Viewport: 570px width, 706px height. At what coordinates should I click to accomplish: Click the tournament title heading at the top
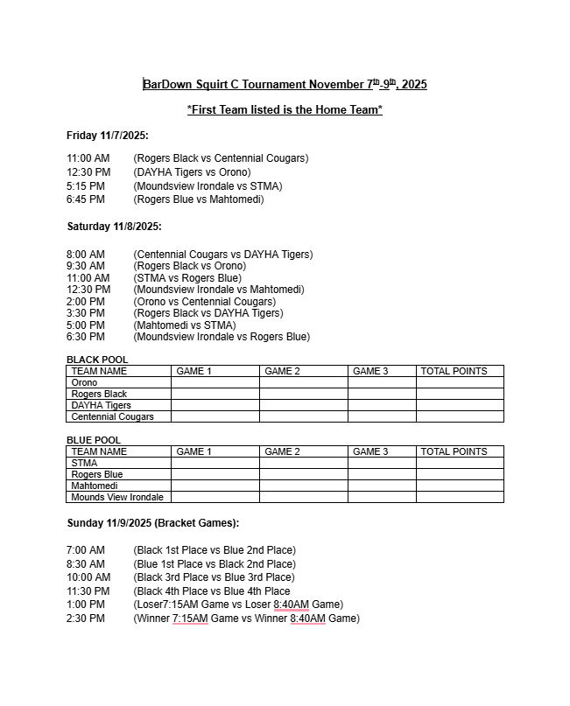pos(285,85)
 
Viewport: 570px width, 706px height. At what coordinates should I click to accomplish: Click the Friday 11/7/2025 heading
pos(108,136)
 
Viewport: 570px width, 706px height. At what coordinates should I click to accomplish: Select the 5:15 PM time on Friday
pos(85,186)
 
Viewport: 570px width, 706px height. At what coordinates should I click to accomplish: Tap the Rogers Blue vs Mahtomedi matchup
pos(199,199)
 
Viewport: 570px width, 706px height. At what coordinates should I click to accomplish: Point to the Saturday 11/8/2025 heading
pos(114,227)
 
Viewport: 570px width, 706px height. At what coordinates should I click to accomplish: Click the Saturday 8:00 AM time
pos(86,255)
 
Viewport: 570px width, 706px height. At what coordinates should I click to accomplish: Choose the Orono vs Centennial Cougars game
pos(205,302)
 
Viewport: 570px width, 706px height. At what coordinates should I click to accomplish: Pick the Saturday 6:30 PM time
pos(86,337)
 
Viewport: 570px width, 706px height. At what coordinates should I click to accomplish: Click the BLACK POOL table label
pos(97,360)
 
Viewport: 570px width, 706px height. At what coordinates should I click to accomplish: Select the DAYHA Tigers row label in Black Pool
pos(101,405)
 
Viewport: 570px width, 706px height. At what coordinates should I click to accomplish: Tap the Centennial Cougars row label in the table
pos(112,416)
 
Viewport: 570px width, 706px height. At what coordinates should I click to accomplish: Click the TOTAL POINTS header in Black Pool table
pos(454,371)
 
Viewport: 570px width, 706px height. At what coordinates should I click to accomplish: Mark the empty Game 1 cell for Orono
pos(215,382)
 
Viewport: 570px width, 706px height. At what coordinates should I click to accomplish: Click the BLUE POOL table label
pos(94,440)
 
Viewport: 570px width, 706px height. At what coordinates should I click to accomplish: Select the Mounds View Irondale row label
pos(117,497)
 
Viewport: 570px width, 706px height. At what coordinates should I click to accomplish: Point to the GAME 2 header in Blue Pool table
pos(282,451)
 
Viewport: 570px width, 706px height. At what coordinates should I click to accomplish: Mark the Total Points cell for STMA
pos(460,463)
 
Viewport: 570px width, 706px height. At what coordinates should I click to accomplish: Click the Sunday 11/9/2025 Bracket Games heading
pos(153,523)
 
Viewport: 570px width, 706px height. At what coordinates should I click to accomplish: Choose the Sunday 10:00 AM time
pos(88,577)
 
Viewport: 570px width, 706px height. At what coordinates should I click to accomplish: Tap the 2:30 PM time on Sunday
pos(85,619)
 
